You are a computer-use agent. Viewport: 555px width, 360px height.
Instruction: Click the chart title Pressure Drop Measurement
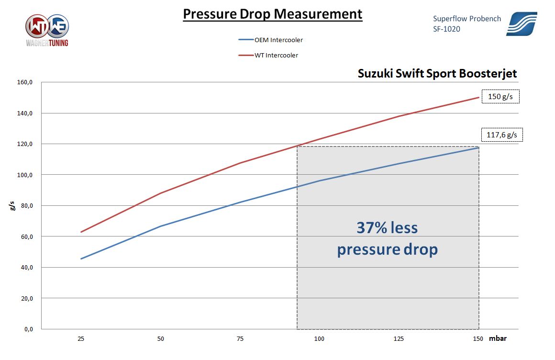coord(273,14)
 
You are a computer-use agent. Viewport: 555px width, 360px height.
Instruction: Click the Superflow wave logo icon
coord(522,24)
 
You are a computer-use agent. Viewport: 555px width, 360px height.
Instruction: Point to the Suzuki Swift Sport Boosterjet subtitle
coord(437,74)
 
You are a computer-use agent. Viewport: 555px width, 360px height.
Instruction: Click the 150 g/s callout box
coord(500,97)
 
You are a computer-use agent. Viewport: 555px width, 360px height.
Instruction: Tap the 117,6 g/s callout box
coord(501,135)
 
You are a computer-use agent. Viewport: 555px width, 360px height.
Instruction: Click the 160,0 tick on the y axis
coord(25,82)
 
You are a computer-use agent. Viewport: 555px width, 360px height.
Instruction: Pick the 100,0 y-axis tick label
coord(25,175)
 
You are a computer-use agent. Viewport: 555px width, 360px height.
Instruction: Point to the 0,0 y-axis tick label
coord(28,329)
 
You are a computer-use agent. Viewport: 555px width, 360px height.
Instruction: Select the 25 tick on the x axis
coord(81,339)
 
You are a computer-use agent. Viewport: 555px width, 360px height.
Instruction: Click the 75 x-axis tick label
coord(240,339)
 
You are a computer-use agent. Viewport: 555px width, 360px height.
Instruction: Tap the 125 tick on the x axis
coord(399,339)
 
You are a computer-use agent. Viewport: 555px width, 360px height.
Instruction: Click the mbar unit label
coord(498,339)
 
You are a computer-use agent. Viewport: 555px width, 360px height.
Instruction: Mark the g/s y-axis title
coord(12,206)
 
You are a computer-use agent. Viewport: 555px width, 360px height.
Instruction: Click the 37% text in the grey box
coord(373,227)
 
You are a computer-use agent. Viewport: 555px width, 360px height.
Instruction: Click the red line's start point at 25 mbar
coord(81,232)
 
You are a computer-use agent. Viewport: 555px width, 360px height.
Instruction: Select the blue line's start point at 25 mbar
coord(81,259)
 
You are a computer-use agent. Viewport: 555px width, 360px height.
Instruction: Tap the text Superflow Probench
coord(467,19)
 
